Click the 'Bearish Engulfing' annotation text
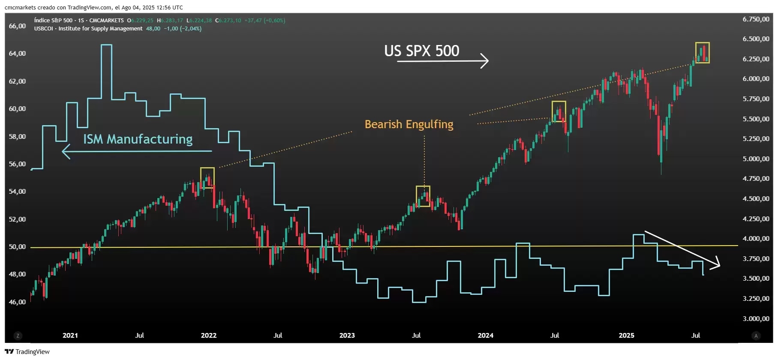pyautogui.click(x=409, y=124)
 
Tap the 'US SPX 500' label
pyautogui.click(x=421, y=51)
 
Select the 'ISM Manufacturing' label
pyautogui.click(x=138, y=139)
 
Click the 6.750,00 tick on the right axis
pyautogui.click(x=756, y=19)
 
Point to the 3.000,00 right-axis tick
pyautogui.click(x=756, y=318)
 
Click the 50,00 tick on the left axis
pyautogui.click(x=17, y=247)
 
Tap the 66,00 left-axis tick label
pyautogui.click(x=17, y=26)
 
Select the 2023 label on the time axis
pyautogui.click(x=347, y=335)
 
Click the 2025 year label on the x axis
pyautogui.click(x=626, y=335)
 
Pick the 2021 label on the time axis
pyautogui.click(x=70, y=335)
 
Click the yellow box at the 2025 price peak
pyautogui.click(x=702, y=53)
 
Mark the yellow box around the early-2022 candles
pyautogui.click(x=207, y=178)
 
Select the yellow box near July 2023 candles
pyautogui.click(x=423, y=196)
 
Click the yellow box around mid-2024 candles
pyautogui.click(x=559, y=111)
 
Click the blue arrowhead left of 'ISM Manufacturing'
pyautogui.click(x=65, y=151)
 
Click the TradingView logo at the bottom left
pyautogui.click(x=27, y=352)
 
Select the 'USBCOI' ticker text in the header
pyautogui.click(x=43, y=29)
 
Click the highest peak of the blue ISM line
pyautogui.click(x=106, y=45)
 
